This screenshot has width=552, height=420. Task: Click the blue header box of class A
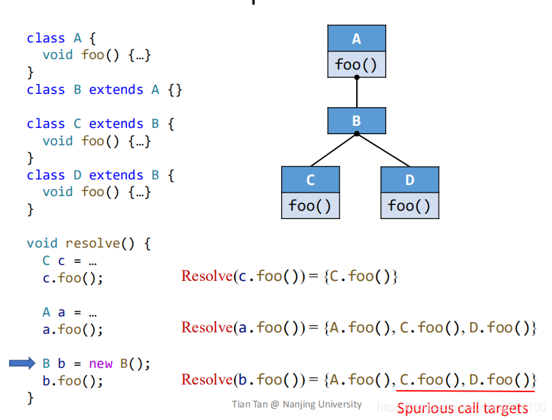click(x=356, y=39)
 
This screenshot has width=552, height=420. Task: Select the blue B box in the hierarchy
click(x=356, y=121)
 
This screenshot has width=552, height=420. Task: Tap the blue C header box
click(x=310, y=179)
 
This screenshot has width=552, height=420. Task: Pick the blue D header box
click(x=410, y=179)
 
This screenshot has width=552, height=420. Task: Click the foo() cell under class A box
click(x=356, y=65)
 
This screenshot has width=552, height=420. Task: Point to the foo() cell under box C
click(x=310, y=205)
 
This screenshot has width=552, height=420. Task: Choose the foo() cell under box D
click(x=410, y=205)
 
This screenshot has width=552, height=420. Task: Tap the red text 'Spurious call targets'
click(x=462, y=408)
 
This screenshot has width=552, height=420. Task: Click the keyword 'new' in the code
click(x=100, y=364)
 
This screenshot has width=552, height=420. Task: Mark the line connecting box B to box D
click(x=382, y=150)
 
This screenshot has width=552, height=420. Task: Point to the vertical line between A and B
click(x=356, y=92)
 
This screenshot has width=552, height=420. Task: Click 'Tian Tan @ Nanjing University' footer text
click(x=296, y=404)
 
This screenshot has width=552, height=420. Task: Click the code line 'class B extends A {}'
click(x=104, y=90)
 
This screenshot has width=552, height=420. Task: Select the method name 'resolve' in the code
click(x=92, y=243)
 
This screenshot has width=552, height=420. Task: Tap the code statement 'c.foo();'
click(x=72, y=278)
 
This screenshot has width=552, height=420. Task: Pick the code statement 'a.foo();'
click(x=72, y=330)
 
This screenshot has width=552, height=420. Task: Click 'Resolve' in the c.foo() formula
click(x=206, y=276)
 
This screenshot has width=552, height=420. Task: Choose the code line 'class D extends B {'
click(x=101, y=175)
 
